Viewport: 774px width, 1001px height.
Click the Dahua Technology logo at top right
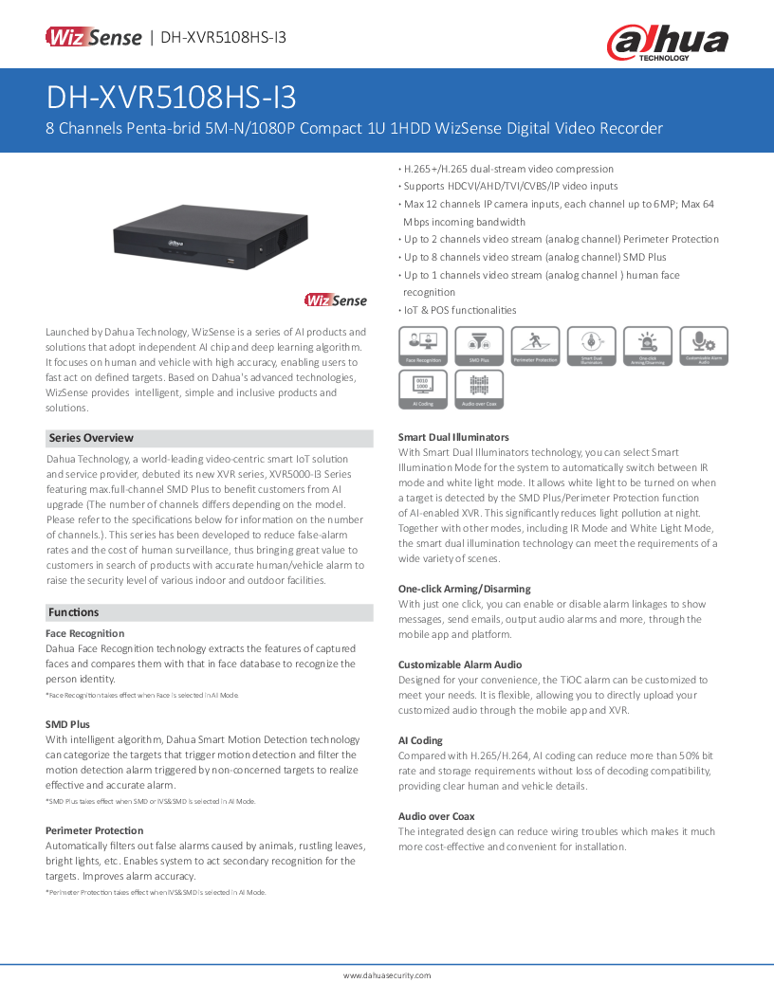click(667, 42)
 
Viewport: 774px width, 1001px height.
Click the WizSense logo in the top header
click(92, 38)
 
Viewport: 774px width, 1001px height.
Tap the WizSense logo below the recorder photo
click(335, 300)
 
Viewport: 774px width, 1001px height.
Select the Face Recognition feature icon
click(422, 346)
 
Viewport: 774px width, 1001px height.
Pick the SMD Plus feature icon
click(479, 346)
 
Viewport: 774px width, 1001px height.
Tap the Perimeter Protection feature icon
click(535, 346)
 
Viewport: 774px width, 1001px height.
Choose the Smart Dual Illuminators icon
click(591, 346)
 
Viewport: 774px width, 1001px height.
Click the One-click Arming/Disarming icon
click(648, 346)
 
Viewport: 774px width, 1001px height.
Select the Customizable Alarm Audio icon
click(704, 346)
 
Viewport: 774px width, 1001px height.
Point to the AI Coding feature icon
click(422, 390)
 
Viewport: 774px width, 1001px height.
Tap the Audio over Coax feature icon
click(479, 390)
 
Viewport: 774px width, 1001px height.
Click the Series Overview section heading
click(91, 438)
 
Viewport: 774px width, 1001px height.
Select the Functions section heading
click(74, 612)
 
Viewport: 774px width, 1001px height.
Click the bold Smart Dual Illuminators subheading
click(453, 437)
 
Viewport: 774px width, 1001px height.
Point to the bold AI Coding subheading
click(420, 740)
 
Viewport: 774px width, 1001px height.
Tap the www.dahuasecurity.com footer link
click(386, 975)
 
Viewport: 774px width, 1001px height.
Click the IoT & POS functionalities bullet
click(459, 310)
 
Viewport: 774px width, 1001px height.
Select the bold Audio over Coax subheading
click(436, 816)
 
